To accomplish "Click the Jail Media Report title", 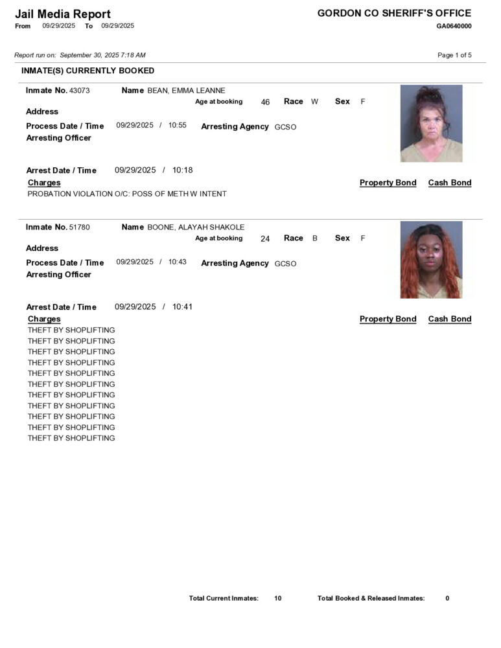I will [63, 14].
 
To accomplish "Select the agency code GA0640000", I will [454, 26].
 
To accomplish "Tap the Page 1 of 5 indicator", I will [454, 55].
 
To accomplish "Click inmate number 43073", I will [79, 91].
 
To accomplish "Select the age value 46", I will [265, 102].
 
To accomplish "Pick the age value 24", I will [265, 238].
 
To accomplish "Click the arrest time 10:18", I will [182, 170].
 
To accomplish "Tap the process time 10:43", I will [178, 262].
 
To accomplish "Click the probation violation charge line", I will [127, 194].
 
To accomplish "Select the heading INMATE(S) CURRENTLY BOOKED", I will [87, 71].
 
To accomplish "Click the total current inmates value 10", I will [277, 598].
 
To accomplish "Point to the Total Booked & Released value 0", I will [447, 598].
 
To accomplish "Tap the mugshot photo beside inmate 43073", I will [431, 123].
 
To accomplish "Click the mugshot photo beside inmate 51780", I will [431, 260].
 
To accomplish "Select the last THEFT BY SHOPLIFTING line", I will [71, 438].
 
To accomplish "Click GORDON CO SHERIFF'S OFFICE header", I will [394, 13].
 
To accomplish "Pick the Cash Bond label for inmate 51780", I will [450, 319].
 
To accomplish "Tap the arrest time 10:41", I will [182, 307].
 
